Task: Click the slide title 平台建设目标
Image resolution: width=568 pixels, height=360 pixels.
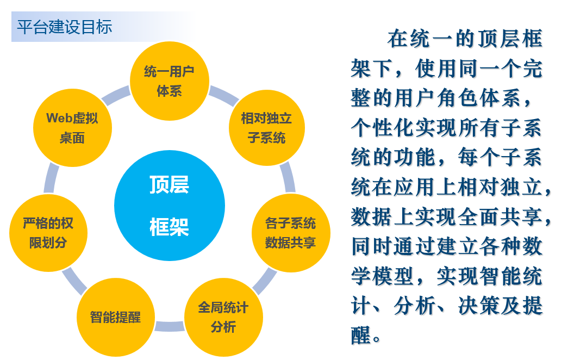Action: [x=65, y=27]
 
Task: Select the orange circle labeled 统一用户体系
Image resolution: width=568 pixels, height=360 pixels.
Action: [x=170, y=81]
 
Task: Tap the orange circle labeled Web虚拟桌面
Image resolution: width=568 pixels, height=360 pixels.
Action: [x=72, y=128]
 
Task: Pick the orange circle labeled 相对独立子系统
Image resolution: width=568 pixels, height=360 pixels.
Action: [x=267, y=128]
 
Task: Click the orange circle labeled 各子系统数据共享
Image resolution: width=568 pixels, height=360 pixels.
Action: [x=291, y=233]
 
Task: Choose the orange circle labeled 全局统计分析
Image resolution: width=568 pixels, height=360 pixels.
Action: [x=223, y=317]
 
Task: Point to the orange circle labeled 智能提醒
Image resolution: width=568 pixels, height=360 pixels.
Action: [x=116, y=317]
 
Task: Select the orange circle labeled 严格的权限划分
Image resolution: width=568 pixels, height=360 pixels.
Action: [x=48, y=233]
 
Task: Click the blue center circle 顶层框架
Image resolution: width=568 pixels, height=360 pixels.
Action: [x=170, y=206]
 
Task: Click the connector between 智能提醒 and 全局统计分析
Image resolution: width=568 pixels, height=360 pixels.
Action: [x=170, y=326]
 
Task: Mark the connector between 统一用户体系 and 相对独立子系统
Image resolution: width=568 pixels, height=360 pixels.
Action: [x=223, y=96]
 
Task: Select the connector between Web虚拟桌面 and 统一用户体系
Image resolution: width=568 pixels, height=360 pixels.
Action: [x=116, y=96]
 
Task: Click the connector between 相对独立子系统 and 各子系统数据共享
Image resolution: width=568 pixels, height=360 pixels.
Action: [x=288, y=177]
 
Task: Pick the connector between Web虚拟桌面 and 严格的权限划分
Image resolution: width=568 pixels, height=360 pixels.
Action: [x=51, y=178]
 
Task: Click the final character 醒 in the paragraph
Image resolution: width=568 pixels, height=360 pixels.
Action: [x=361, y=334]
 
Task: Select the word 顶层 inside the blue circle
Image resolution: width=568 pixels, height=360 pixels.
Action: [x=169, y=184]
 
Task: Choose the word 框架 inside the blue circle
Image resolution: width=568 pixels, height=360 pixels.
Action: [x=169, y=227]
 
